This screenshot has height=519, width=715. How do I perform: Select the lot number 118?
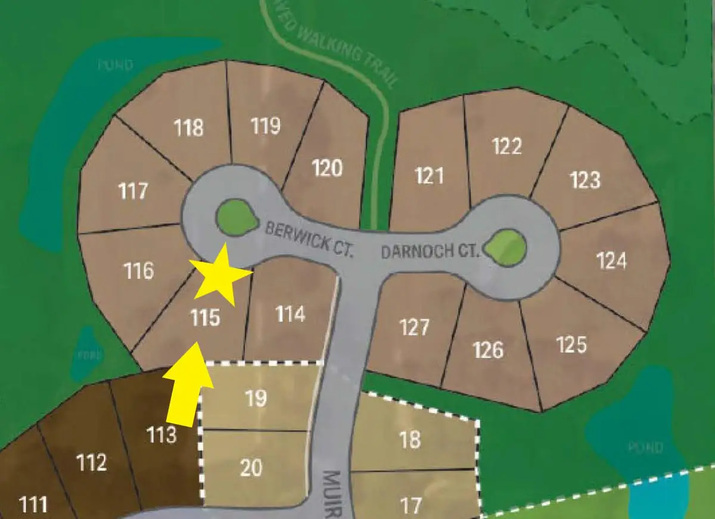tap(189, 128)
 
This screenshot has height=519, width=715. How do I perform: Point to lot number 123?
tap(585, 179)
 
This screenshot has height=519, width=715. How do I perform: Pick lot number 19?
tap(256, 398)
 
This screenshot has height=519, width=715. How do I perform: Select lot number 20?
tap(251, 467)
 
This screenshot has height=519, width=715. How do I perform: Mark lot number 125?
tap(571, 344)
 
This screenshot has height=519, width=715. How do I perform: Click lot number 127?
tap(414, 327)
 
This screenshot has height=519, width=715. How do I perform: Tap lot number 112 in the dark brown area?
tap(92, 462)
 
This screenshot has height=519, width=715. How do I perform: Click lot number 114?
tap(291, 313)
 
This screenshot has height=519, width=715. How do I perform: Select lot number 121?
tap(429, 176)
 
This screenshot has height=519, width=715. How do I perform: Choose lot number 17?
tap(411, 506)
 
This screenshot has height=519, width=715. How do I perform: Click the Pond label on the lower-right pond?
tap(646, 447)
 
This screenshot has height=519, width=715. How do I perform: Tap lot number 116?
tap(139, 271)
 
